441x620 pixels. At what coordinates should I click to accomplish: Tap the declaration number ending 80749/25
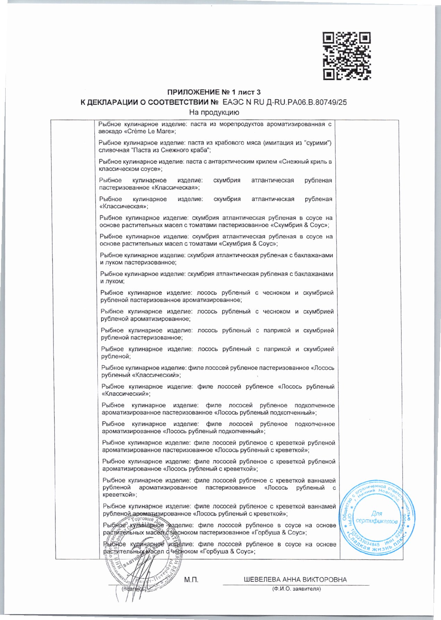click(285, 102)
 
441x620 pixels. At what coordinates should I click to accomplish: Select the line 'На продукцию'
click(214, 113)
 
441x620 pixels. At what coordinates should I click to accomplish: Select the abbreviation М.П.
click(191, 580)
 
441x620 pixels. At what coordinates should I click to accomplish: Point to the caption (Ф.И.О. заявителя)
click(296, 589)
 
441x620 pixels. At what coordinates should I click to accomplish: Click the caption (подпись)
click(133, 589)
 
